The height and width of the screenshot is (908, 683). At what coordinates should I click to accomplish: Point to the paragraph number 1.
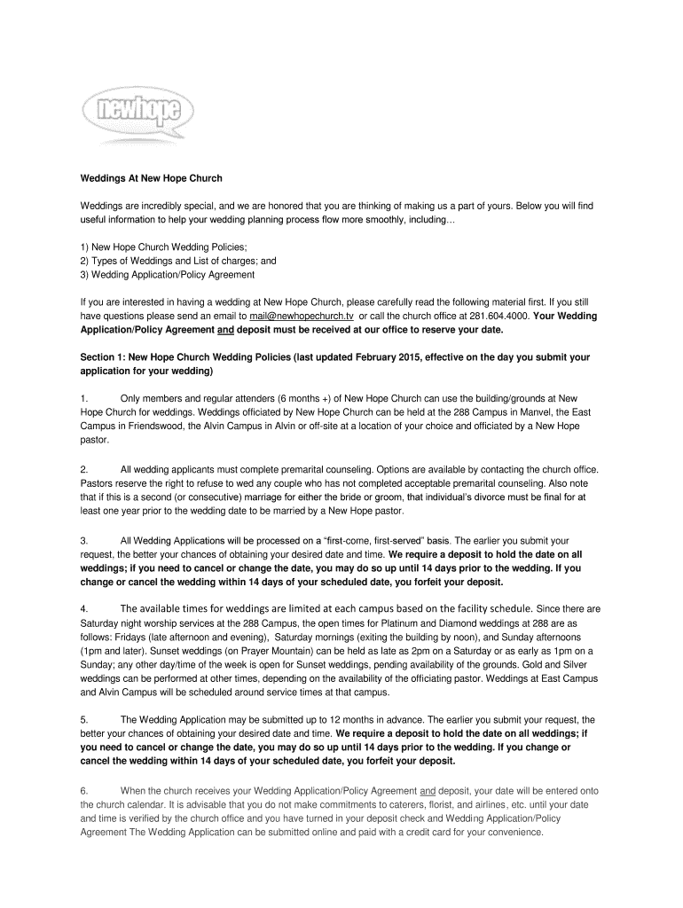point(83,399)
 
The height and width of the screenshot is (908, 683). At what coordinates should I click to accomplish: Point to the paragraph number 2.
point(83,468)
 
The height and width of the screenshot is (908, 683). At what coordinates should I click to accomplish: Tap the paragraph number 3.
point(83,539)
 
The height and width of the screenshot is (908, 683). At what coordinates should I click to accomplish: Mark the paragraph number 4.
point(83,608)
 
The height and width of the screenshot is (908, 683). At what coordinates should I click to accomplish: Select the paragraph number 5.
point(83,719)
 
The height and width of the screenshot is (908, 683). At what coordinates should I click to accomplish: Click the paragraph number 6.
point(83,789)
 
